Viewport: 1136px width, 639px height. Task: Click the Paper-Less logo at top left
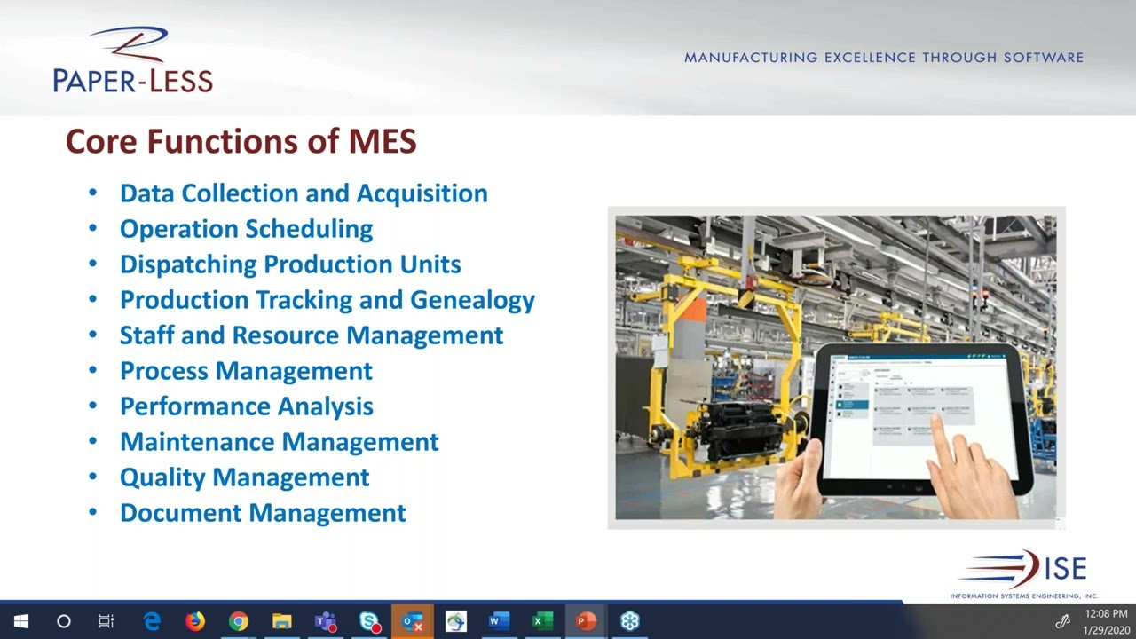pos(132,60)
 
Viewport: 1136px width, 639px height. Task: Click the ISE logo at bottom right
pos(1025,572)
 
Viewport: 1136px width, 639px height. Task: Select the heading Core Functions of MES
pos(241,141)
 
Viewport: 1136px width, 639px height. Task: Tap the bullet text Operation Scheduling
pos(246,229)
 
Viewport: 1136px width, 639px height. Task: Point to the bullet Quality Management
pos(244,477)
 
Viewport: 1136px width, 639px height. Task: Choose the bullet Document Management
pos(263,513)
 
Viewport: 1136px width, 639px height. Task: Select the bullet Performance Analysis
pos(246,406)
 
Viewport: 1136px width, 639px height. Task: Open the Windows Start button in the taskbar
pos(21,621)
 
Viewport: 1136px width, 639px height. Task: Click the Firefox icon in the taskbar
pos(195,621)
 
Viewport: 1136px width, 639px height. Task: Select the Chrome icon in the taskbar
pos(239,621)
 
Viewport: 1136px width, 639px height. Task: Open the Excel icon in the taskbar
pos(542,621)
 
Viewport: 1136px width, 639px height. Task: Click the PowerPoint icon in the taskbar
pos(586,621)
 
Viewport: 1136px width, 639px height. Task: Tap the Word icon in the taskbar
pos(499,621)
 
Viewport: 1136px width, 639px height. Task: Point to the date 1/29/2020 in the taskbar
pos(1105,629)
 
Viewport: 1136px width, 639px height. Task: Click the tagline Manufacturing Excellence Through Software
pos(883,58)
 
